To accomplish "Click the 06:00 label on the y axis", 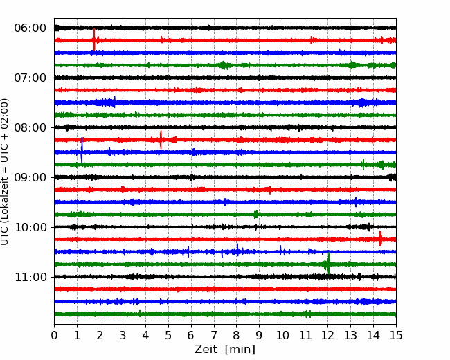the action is coord(30,28).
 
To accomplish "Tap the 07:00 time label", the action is coord(30,78).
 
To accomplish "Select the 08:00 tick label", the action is coord(30,127).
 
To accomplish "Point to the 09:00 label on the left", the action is coord(30,177).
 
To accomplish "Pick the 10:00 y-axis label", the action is coord(30,227).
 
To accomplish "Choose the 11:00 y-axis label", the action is coord(30,277).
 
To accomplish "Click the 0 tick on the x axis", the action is coord(54,335).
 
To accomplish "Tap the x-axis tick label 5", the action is coord(168,335).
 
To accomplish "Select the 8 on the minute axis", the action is coord(237,335).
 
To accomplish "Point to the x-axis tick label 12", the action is coord(327,335).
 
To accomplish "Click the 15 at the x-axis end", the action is coord(396,335).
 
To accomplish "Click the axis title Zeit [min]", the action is coord(225,350).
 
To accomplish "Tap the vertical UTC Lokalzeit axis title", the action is coord(4,172).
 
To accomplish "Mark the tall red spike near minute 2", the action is coord(94,39).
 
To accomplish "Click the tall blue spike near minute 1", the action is coord(82,150).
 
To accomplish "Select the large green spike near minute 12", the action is coord(328,263).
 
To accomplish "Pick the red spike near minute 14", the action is coord(380,239).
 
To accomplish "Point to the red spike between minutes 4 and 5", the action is coord(161,140).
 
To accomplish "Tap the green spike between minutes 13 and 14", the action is coord(363,164).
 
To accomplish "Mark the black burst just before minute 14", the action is coord(369,227).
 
